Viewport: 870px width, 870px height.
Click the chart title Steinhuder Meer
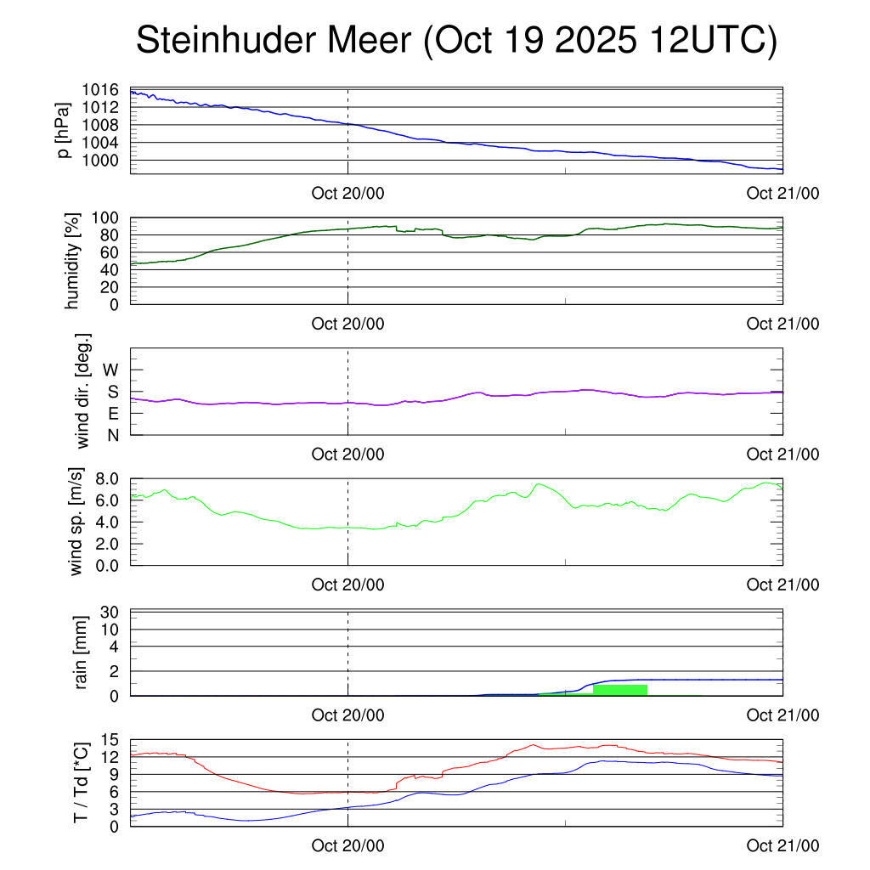pos(456,41)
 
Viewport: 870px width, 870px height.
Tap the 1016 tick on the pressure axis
pos(101,89)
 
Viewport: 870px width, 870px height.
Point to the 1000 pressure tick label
pos(101,160)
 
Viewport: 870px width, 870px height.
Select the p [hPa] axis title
pos(65,130)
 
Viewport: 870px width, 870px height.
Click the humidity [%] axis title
pos(73,261)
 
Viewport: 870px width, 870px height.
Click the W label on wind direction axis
pos(110,370)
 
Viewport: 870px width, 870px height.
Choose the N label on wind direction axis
pos(111,435)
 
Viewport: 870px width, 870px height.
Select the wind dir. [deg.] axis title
pos(83,391)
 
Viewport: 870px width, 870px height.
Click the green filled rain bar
pos(620,690)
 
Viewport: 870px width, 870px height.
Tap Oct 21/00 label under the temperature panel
pos(782,845)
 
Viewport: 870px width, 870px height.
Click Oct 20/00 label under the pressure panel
pos(347,193)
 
